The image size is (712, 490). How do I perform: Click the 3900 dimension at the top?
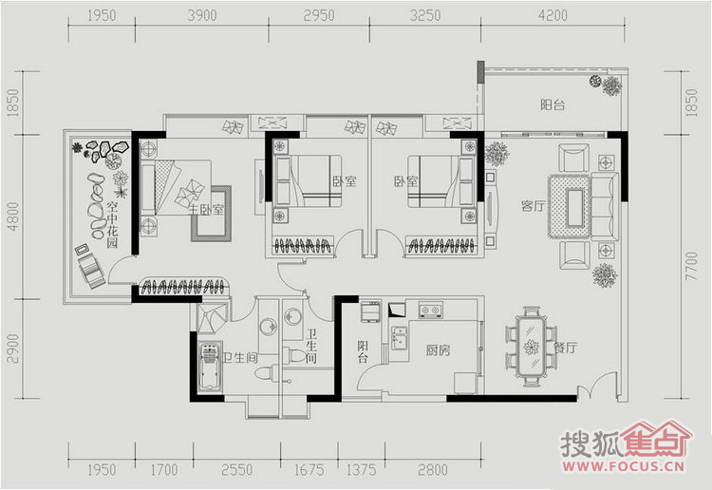202,16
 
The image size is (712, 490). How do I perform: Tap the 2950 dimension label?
319,16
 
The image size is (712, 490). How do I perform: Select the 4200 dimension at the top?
553,16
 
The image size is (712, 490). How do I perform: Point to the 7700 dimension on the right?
691,266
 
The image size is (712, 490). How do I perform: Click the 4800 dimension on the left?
13,217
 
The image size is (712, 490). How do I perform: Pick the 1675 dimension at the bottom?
309,469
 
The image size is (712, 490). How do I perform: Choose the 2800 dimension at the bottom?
433,469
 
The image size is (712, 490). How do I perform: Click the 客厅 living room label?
533,206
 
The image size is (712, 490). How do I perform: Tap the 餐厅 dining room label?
566,348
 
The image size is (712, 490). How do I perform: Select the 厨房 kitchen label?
439,350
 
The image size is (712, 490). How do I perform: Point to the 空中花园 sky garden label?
113,225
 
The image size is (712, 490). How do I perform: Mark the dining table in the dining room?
530,346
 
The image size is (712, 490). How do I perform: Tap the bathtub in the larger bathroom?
210,367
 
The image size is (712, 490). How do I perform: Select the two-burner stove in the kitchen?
430,311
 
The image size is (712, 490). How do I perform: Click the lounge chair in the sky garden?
90,268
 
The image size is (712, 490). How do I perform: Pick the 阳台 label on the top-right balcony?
553,104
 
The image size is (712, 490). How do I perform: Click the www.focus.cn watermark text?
624,466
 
